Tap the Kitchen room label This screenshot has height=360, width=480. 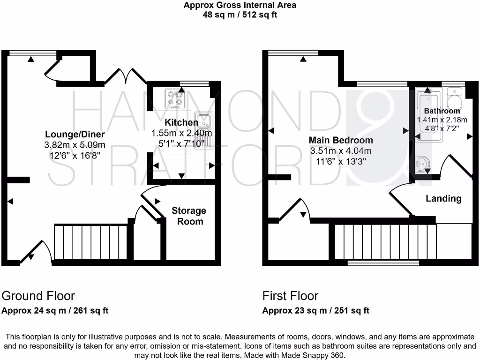tap(181, 123)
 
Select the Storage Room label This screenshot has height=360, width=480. tap(189, 216)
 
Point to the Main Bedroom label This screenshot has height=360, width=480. tap(341, 140)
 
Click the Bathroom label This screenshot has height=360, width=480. tap(442, 111)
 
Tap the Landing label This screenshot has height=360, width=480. tap(443, 199)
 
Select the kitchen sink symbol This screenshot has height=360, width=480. tap(204, 130)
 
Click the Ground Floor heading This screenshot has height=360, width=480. tap(38, 296)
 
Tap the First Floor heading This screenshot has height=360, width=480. tap(290, 296)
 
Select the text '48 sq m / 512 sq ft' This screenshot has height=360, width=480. tap(240, 15)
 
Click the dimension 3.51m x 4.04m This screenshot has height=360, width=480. tap(341, 151)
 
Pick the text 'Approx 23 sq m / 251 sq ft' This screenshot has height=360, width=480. tap(315, 310)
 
